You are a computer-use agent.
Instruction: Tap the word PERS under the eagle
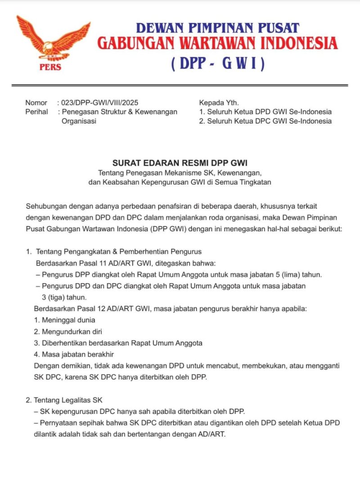click(x=50, y=68)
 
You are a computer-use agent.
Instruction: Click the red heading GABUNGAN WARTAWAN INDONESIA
click(x=218, y=44)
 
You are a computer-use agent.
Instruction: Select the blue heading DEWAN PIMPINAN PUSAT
click(x=218, y=27)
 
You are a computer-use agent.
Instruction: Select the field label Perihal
click(x=36, y=112)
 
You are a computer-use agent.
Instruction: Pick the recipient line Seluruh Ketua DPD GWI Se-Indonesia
click(x=269, y=112)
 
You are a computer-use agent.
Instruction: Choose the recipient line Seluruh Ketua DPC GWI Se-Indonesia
click(x=269, y=121)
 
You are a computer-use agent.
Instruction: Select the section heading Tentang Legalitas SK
click(x=72, y=400)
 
